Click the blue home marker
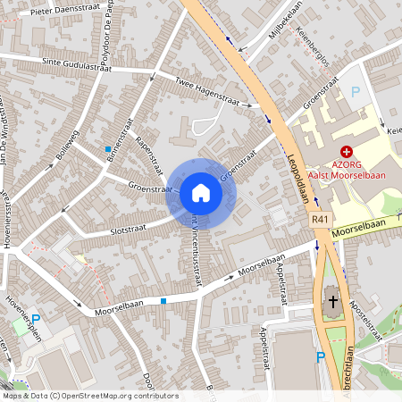click(201, 193)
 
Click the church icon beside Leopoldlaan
click(331, 303)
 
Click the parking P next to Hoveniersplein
click(36, 319)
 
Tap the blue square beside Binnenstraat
click(108, 148)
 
